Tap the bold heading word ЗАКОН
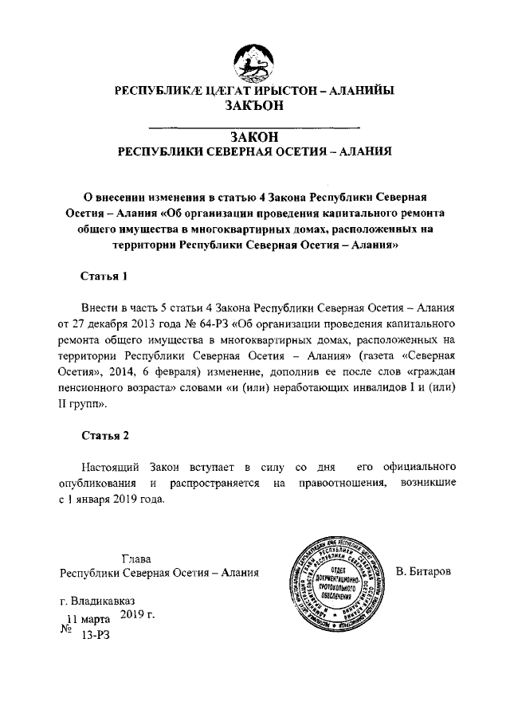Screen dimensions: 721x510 tap(254, 137)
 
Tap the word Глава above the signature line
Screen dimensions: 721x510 tap(136, 558)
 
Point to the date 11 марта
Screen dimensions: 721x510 tap(88, 618)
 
